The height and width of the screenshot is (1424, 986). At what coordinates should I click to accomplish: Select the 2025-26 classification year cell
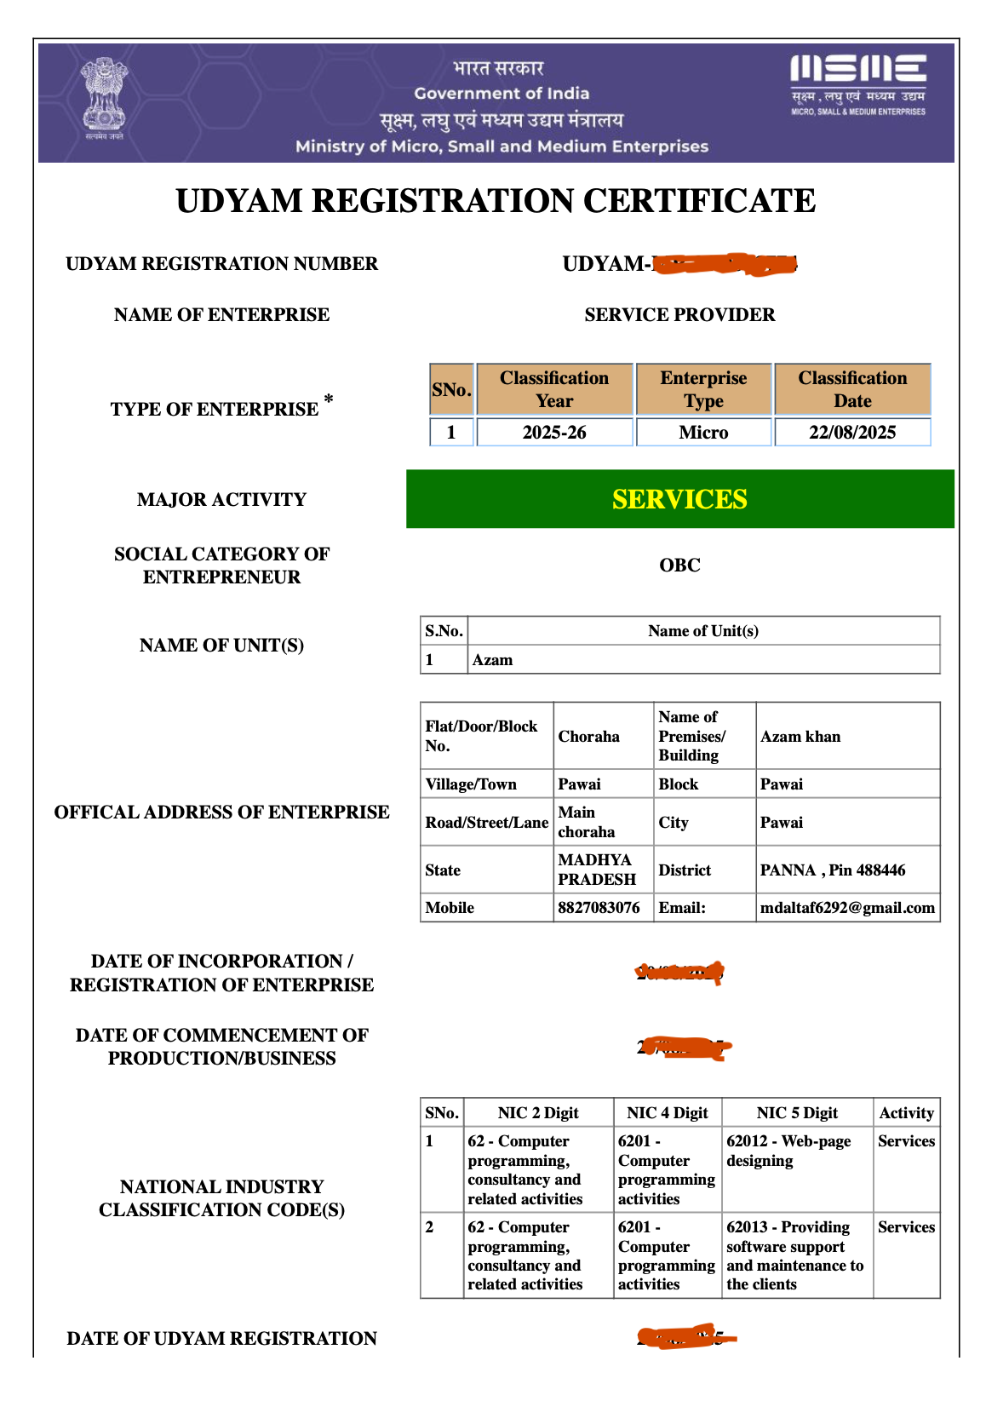pos(554,433)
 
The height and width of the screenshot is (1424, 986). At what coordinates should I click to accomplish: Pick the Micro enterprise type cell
pos(703,433)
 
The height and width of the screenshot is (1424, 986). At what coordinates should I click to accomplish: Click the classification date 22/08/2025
pos(852,433)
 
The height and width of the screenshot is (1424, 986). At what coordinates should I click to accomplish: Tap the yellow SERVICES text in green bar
pos(679,499)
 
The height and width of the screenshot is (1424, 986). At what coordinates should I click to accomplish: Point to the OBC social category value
pos(679,566)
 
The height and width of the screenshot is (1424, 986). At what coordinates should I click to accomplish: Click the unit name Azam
pos(493,660)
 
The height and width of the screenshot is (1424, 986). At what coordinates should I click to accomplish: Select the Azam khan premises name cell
pos(800,737)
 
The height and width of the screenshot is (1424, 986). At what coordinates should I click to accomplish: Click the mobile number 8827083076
pos(599,908)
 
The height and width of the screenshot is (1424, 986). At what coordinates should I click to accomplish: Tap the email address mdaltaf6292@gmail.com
pos(847,908)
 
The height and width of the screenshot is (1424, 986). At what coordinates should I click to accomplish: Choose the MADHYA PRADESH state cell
pos(597,870)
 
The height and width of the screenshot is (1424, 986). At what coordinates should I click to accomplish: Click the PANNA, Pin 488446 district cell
pos(833,870)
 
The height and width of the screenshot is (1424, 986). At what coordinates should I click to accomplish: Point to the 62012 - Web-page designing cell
pos(788,1151)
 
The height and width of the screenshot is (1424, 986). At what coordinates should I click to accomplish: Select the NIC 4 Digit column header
pos(668,1113)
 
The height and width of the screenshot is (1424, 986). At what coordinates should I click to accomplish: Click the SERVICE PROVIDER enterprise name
pos(679,315)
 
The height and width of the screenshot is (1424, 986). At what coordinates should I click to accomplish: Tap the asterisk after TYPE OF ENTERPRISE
pos(329,399)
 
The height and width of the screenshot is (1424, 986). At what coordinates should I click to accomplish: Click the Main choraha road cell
pos(587,822)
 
